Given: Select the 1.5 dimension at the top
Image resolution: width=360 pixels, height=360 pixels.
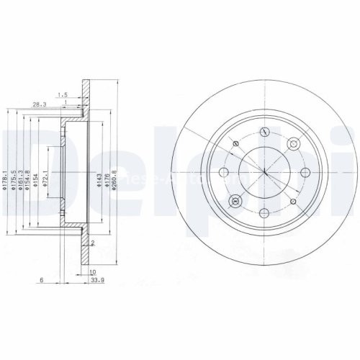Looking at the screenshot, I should (x=63, y=94).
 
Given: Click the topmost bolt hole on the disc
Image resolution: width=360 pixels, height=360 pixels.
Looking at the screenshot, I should (x=265, y=132).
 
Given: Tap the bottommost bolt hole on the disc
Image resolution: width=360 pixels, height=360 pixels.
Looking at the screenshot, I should (x=265, y=212).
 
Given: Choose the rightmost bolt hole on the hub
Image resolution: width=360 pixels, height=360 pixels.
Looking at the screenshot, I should (x=305, y=172).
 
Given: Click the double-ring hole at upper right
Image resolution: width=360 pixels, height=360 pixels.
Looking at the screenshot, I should (x=293, y=144).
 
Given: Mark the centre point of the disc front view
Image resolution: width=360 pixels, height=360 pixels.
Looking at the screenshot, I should (x=265, y=172).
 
